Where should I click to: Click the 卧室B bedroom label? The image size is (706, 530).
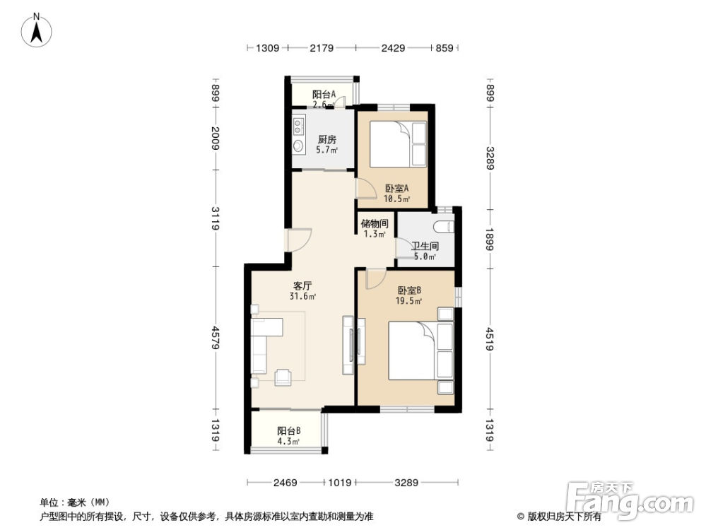point(409,290)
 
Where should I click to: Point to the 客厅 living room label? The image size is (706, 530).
point(303,286)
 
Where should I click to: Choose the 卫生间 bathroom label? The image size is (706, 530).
point(425,247)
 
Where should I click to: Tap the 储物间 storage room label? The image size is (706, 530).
point(375,224)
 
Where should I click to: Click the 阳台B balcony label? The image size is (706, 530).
point(288,431)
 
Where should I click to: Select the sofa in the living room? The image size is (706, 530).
point(259,346)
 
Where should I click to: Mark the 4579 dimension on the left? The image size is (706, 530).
point(216,337)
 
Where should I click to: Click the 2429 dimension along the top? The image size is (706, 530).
point(393,48)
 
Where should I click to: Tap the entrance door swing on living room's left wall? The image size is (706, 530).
point(298,241)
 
